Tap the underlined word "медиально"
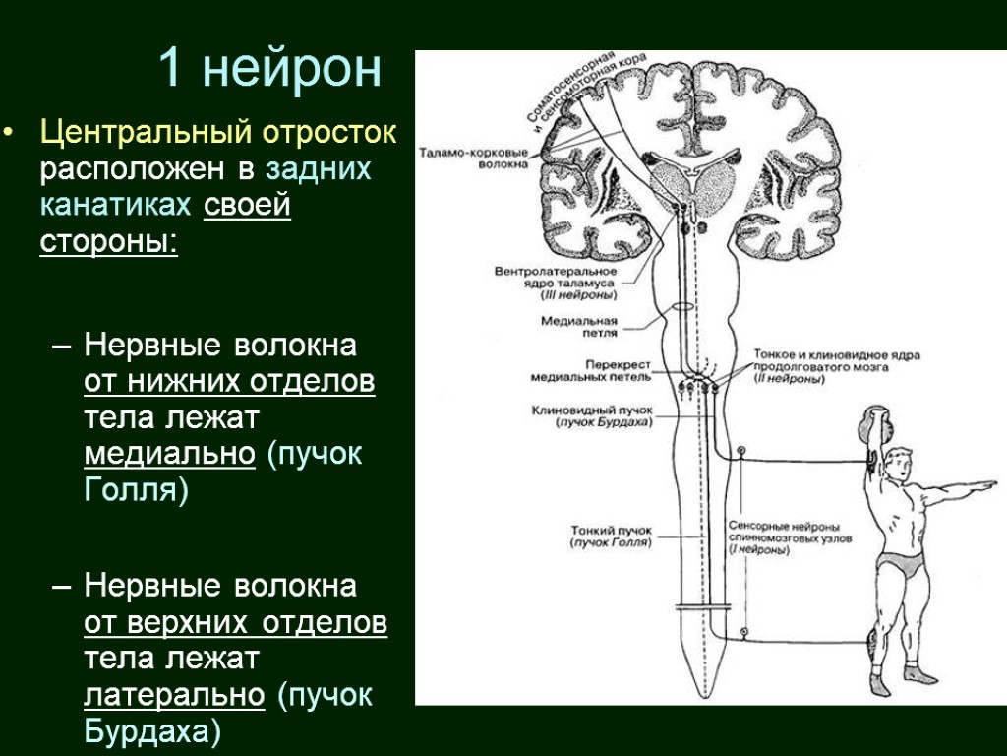click(170, 454)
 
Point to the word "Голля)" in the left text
click(135, 489)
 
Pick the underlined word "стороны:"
click(108, 242)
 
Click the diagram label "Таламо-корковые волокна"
click(473, 158)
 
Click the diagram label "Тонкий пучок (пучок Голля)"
click(611, 536)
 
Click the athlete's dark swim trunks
click(902, 566)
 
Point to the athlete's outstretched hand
click(987, 485)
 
